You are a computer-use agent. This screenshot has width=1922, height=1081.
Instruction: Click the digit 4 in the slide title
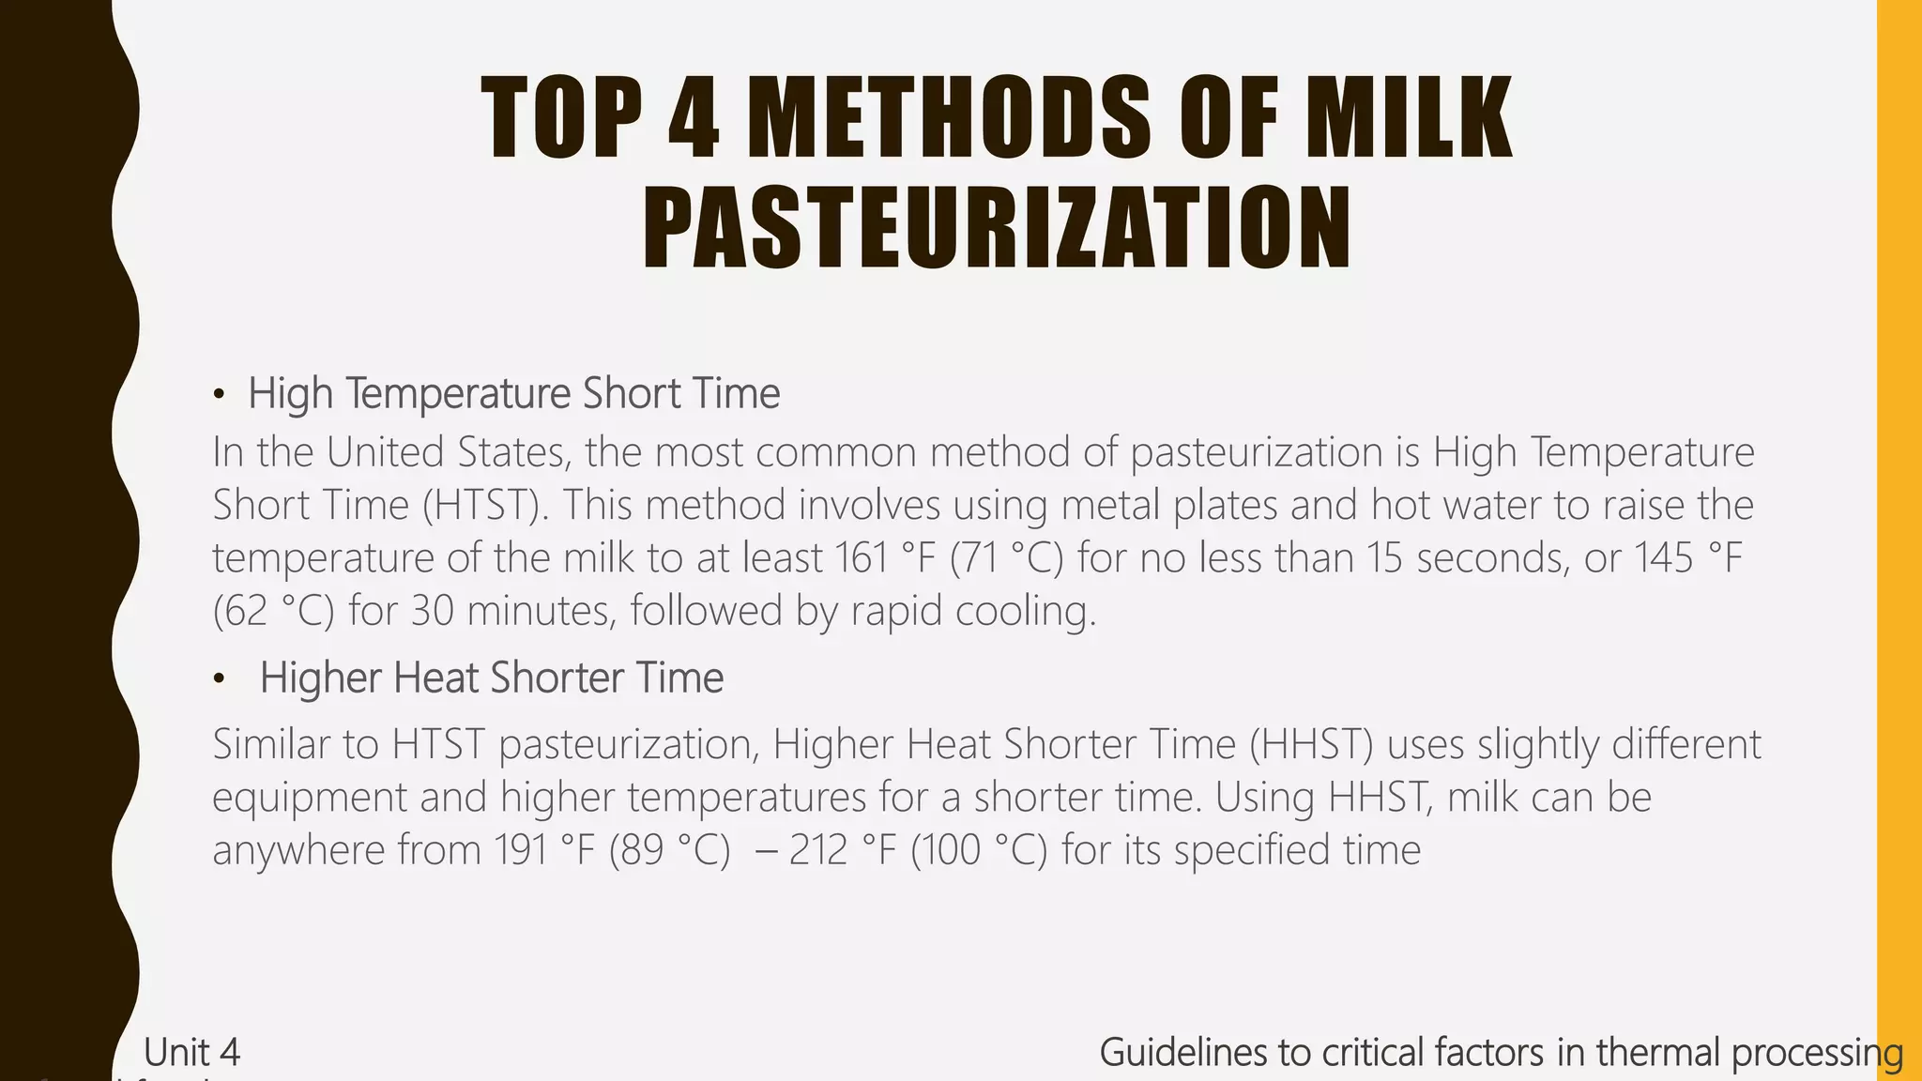coord(694,118)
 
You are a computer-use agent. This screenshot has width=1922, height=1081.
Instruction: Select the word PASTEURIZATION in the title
coord(997,229)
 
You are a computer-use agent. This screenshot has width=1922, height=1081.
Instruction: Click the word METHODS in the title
coord(950,118)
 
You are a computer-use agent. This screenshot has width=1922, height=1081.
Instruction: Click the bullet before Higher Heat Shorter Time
coord(219,679)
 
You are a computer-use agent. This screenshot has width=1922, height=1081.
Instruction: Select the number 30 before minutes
coord(433,611)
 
